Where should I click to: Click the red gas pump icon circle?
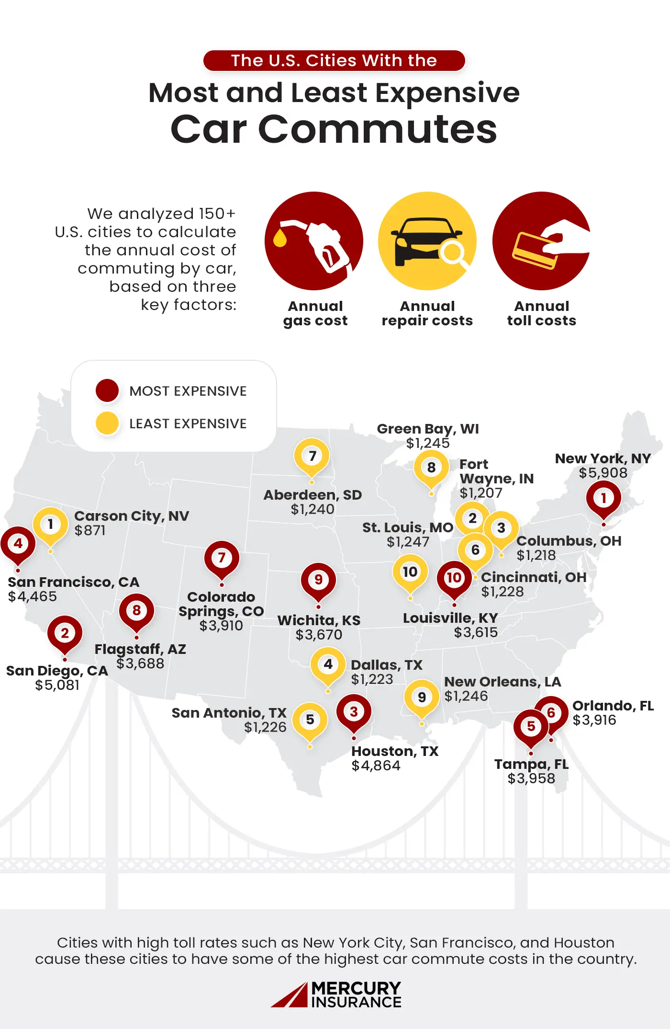pyautogui.click(x=313, y=241)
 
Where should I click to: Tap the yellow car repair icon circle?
pyautogui.click(x=427, y=241)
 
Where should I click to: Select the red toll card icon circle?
pyautogui.click(x=541, y=241)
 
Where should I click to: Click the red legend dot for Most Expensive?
pyautogui.click(x=107, y=390)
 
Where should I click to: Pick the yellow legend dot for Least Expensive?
pyautogui.click(x=107, y=423)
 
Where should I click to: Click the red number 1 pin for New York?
pyautogui.click(x=603, y=499)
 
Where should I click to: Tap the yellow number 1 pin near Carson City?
pyautogui.click(x=50, y=525)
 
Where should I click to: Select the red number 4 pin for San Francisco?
pyautogui.click(x=18, y=544)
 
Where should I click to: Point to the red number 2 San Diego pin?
pyautogui.click(x=65, y=633)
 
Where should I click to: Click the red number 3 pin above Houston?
pyautogui.click(x=354, y=712)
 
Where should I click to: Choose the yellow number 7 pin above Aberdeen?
pyautogui.click(x=312, y=456)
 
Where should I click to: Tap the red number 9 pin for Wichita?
pyautogui.click(x=318, y=580)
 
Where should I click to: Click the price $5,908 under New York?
pyautogui.click(x=603, y=473)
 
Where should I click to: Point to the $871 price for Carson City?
pyautogui.click(x=90, y=530)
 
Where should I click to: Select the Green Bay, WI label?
pyautogui.click(x=428, y=429)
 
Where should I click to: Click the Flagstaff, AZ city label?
pyautogui.click(x=140, y=649)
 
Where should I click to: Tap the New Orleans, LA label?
pyautogui.click(x=502, y=682)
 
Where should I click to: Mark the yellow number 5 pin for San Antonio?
pyautogui.click(x=310, y=720)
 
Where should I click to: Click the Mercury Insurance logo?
pyautogui.click(x=336, y=995)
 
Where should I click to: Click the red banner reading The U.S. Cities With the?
pyautogui.click(x=334, y=61)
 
